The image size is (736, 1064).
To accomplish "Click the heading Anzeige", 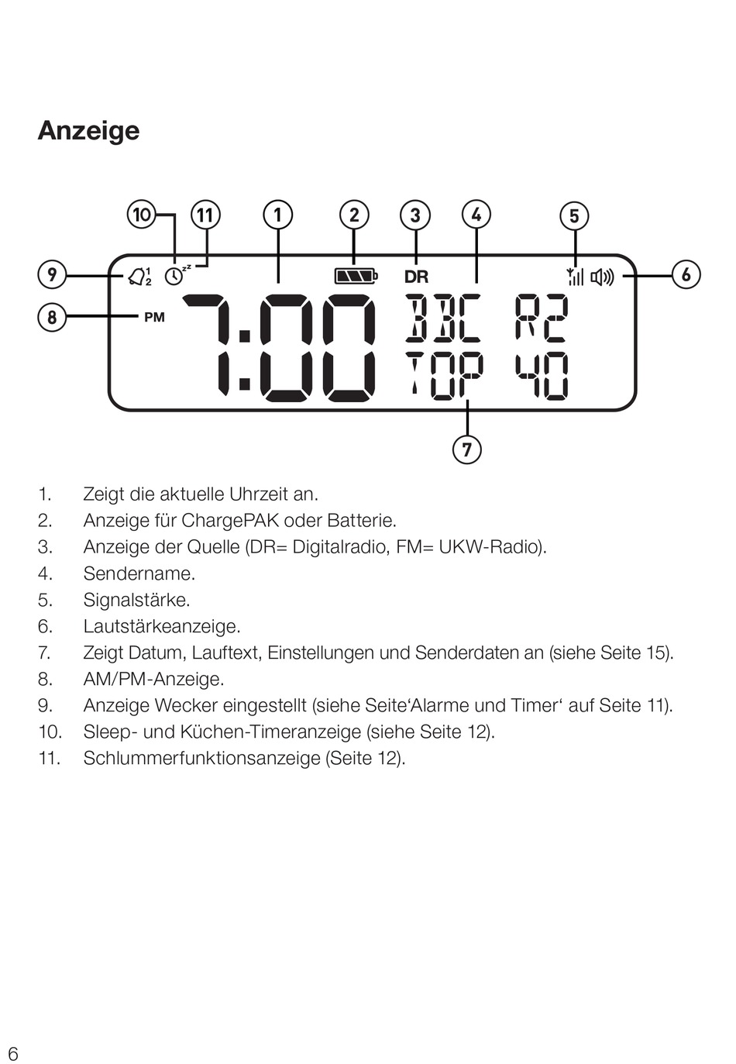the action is [88, 130].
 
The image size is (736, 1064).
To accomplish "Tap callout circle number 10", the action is [142, 214].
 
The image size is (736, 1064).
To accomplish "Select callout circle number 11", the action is [205, 214].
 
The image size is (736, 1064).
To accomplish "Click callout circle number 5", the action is [574, 215].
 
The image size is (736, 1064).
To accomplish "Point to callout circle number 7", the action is [466, 449].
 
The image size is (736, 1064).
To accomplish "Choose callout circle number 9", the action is [52, 274].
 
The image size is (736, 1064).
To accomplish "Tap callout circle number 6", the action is [686, 274].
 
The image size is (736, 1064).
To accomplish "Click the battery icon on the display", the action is [355, 276].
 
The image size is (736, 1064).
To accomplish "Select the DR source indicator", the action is [416, 277].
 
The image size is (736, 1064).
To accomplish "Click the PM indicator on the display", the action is [154, 317].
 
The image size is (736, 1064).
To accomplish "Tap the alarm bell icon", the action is [138, 276].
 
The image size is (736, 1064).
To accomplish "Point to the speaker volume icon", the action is [602, 276].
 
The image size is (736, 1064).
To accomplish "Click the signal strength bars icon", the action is [575, 276].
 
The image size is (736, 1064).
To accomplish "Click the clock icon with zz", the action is [176, 274].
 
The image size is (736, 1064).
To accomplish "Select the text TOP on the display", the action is [444, 375].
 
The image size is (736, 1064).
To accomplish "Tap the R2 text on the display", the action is [542, 318].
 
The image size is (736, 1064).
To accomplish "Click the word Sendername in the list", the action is [139, 573].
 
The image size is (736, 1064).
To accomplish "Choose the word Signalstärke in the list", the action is [136, 600].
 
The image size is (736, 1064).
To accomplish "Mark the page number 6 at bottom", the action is [13, 1053].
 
